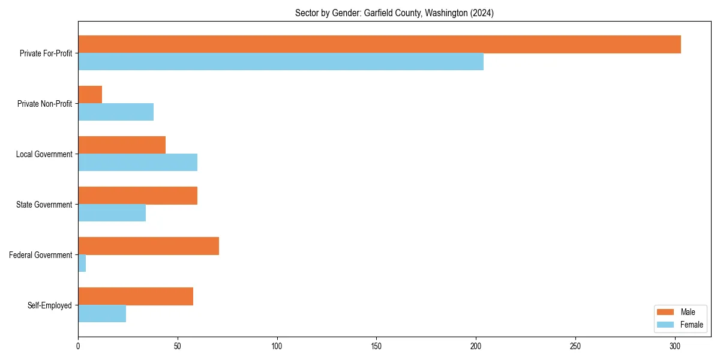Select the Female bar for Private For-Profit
281,62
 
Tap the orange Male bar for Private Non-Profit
90,95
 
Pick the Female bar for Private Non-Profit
116,112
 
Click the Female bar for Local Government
137,163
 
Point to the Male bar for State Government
137,196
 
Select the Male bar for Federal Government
148,246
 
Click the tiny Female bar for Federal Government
82,263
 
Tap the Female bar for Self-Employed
102,314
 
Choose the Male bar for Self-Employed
136,296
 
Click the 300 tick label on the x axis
675,346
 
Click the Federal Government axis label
41,255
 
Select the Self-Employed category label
50,305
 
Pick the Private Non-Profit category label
44,104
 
